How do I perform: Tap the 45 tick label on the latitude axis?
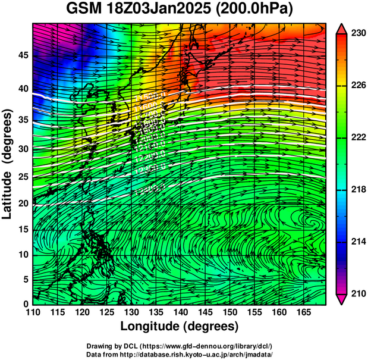(22, 55)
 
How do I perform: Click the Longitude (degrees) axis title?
(179, 327)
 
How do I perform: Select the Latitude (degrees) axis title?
(8, 164)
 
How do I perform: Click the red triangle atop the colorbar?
(341, 28)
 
